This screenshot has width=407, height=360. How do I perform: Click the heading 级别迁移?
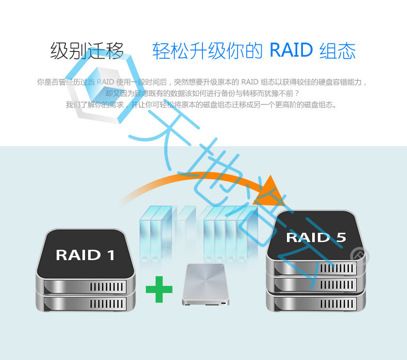(x=87, y=51)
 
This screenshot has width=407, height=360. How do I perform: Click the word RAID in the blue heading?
(x=291, y=50)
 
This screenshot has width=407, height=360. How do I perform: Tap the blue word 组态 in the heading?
(x=337, y=51)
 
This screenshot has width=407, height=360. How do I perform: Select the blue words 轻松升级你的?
(x=209, y=51)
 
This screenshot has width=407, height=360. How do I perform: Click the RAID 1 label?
(x=85, y=254)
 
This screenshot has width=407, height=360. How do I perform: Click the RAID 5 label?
(x=316, y=237)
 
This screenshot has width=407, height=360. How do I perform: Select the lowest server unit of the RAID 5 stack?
(x=316, y=301)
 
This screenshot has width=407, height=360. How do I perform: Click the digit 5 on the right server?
(x=341, y=237)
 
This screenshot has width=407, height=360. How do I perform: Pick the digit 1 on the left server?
(x=110, y=254)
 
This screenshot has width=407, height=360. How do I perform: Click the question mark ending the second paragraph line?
(x=297, y=93)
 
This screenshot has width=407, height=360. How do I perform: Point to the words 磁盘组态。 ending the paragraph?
(x=322, y=105)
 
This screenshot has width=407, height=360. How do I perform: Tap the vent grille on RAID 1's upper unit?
(x=107, y=286)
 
